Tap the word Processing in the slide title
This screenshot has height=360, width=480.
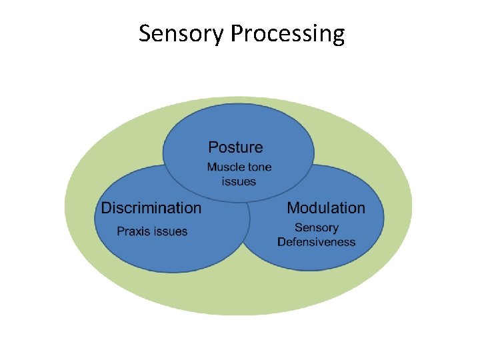[x=288, y=33]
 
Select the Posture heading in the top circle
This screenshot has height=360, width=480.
[x=235, y=147]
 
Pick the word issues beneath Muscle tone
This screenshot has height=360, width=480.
[x=239, y=181]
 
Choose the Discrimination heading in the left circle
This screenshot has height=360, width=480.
[x=151, y=208]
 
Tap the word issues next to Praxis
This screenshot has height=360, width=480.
[x=171, y=232]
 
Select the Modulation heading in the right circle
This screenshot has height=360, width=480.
[x=326, y=208]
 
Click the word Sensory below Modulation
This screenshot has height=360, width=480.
[x=317, y=228]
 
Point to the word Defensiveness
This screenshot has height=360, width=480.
[x=317, y=242]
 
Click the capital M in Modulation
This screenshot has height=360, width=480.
[x=293, y=208]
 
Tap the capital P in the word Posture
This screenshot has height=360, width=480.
[x=213, y=147]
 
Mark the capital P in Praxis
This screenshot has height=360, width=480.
[x=121, y=232]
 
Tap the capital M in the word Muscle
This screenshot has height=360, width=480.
[x=211, y=167]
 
